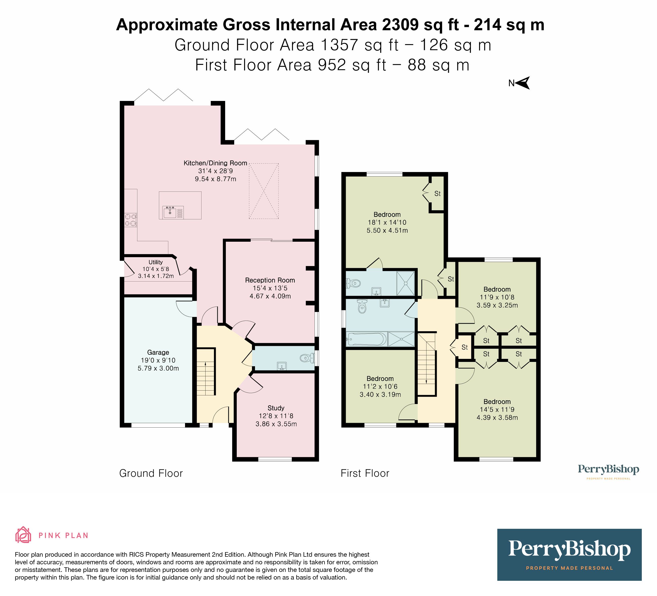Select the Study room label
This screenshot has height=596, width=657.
coord(276,408)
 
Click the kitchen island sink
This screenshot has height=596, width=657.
coord(170,212)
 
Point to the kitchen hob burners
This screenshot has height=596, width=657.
coord(130,220)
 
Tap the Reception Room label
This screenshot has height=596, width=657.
coord(270,280)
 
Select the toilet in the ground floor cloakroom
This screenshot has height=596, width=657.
coord(306,358)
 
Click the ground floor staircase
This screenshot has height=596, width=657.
coord(206,372)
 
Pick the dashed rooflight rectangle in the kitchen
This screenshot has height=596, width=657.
coord(264,191)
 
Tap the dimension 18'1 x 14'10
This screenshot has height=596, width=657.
coord(387,222)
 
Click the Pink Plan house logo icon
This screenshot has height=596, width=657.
coord(23,535)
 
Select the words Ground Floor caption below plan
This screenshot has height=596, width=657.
coord(151,473)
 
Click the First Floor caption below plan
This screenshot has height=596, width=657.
coord(365,473)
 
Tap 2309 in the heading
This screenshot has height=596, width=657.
coord(400,25)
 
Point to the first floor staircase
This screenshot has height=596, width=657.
coord(427,363)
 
